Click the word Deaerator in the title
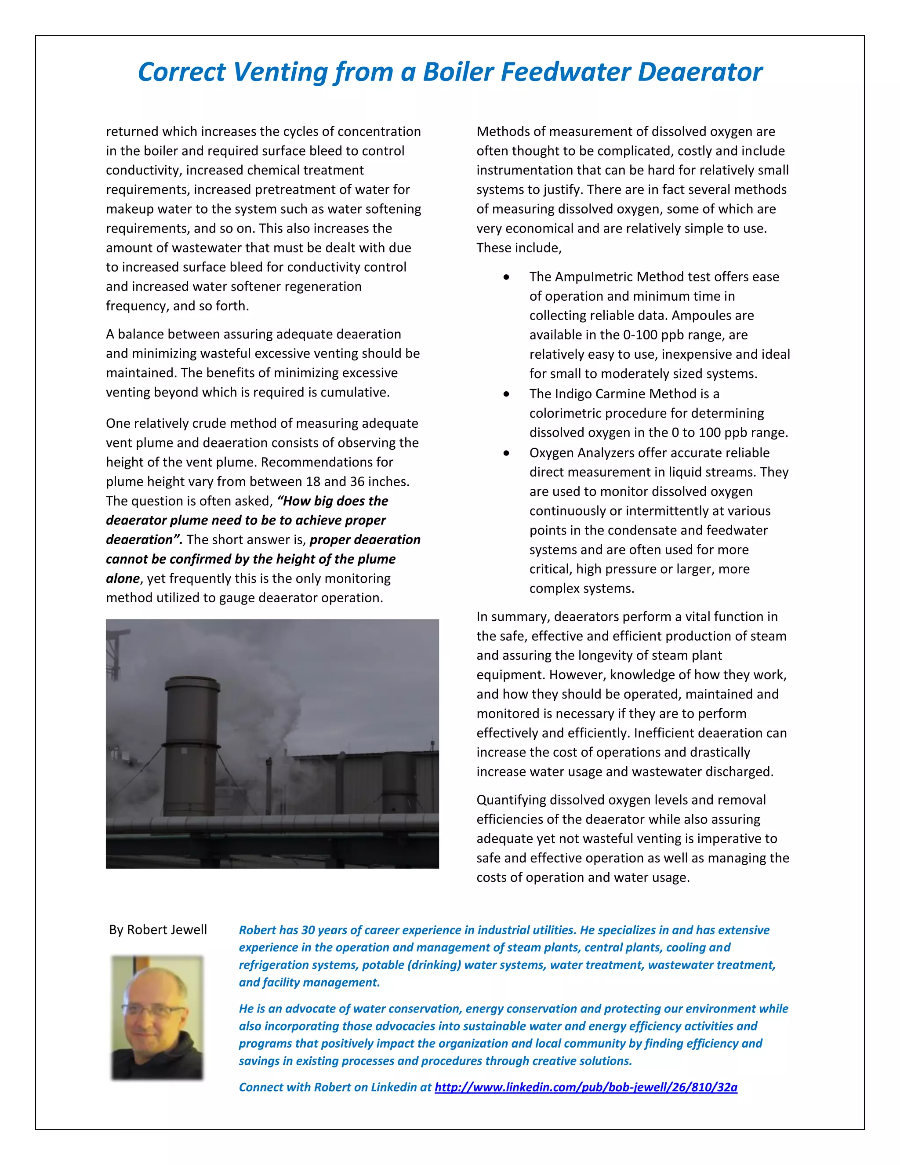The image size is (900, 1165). (700, 72)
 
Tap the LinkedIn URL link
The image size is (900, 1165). (585, 1087)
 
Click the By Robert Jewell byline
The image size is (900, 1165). (158, 930)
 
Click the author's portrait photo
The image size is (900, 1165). (157, 1017)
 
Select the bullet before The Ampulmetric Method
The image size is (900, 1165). (506, 277)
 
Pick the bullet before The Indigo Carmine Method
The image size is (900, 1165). (506, 394)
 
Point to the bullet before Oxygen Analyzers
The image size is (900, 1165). (506, 453)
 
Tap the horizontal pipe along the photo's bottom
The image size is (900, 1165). (272, 825)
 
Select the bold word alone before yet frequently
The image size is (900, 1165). (123, 579)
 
